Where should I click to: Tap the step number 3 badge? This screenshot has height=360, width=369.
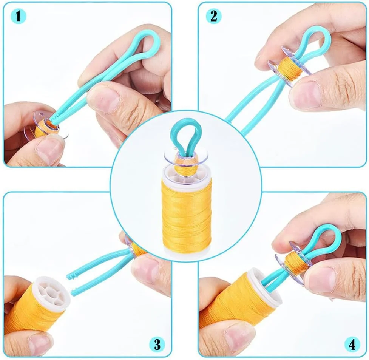[x=157, y=345]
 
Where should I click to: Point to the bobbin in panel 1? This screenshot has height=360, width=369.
[x=45, y=126]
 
